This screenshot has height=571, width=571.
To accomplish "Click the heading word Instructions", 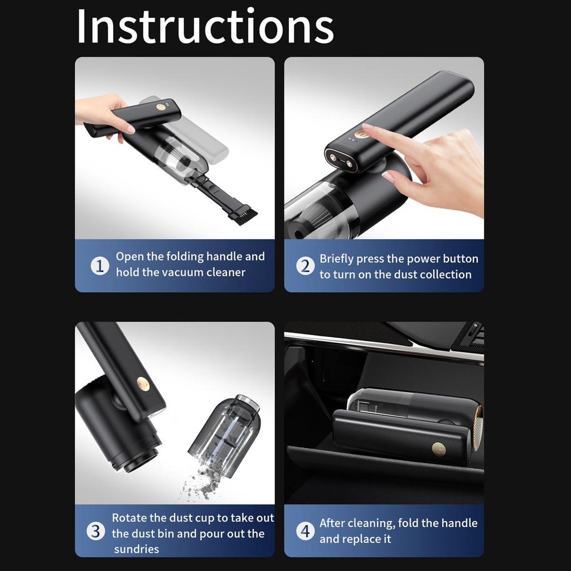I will [205, 26].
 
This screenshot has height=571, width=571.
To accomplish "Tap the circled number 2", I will [305, 266].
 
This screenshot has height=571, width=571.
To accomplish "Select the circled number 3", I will [96, 531].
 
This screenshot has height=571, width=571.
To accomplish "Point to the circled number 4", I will [305, 531].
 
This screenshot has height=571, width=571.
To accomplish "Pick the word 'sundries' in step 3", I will [137, 549].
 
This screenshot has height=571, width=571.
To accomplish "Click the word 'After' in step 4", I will [332, 523].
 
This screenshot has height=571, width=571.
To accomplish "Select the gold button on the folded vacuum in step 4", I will [439, 449].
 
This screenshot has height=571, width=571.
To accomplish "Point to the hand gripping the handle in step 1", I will [103, 112].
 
